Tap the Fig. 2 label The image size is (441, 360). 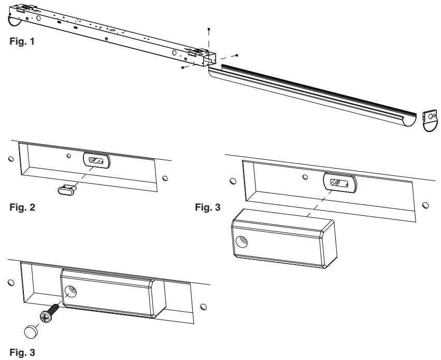point(22,209)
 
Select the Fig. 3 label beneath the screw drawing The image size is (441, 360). point(22,353)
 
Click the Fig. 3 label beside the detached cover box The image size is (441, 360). point(207,208)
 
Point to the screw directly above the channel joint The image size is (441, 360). point(208,29)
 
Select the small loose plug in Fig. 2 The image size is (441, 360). point(67,190)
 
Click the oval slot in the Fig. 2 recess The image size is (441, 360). point(96,161)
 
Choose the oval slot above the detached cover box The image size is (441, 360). point(339,183)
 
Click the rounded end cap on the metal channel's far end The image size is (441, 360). point(17,20)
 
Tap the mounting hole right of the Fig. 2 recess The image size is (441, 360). point(165,179)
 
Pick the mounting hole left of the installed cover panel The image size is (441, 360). point(10,283)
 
